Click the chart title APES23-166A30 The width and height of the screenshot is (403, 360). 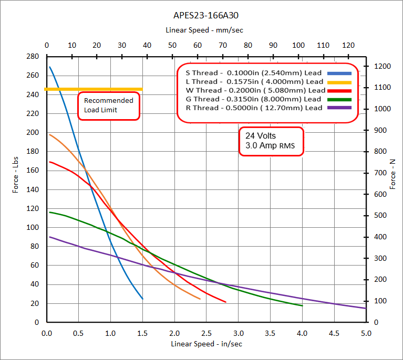click(x=201, y=16)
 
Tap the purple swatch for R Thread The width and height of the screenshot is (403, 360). click(x=339, y=108)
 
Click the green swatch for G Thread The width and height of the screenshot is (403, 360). click(x=339, y=99)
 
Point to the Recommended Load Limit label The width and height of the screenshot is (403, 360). click(x=108, y=105)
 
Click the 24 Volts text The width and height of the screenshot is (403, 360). click(x=260, y=136)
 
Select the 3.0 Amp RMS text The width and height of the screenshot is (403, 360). click(x=267, y=145)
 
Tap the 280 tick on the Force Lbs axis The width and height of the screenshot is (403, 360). click(x=33, y=56)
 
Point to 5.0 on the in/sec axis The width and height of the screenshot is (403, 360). click(x=366, y=333)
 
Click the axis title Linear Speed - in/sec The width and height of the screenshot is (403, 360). click(x=206, y=344)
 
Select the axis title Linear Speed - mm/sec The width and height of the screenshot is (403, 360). click(x=204, y=30)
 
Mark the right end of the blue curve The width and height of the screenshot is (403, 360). click(x=142, y=299)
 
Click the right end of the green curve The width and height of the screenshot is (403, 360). click(x=302, y=305)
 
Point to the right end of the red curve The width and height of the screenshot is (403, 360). click(x=225, y=302)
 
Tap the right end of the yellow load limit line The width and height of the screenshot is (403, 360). click(x=142, y=89)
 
